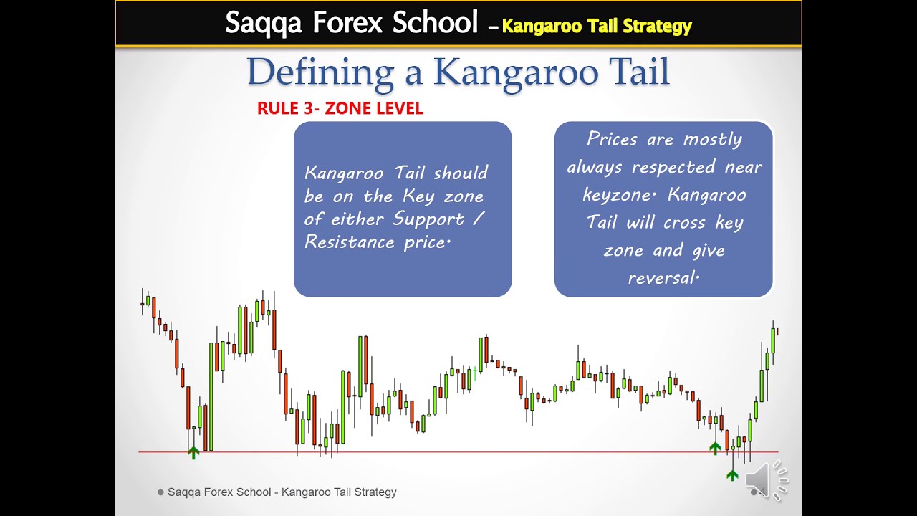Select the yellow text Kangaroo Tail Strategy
click(x=597, y=27)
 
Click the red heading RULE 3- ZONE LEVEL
click(x=340, y=109)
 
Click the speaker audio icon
click(x=765, y=479)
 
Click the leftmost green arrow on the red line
click(x=193, y=452)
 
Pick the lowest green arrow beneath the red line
click(x=732, y=474)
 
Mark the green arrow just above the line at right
click(x=715, y=448)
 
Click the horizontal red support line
click(x=458, y=452)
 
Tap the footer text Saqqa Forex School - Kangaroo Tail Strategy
click(x=282, y=492)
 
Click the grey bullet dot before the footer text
click(x=160, y=492)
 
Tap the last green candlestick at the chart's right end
click(x=773, y=340)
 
